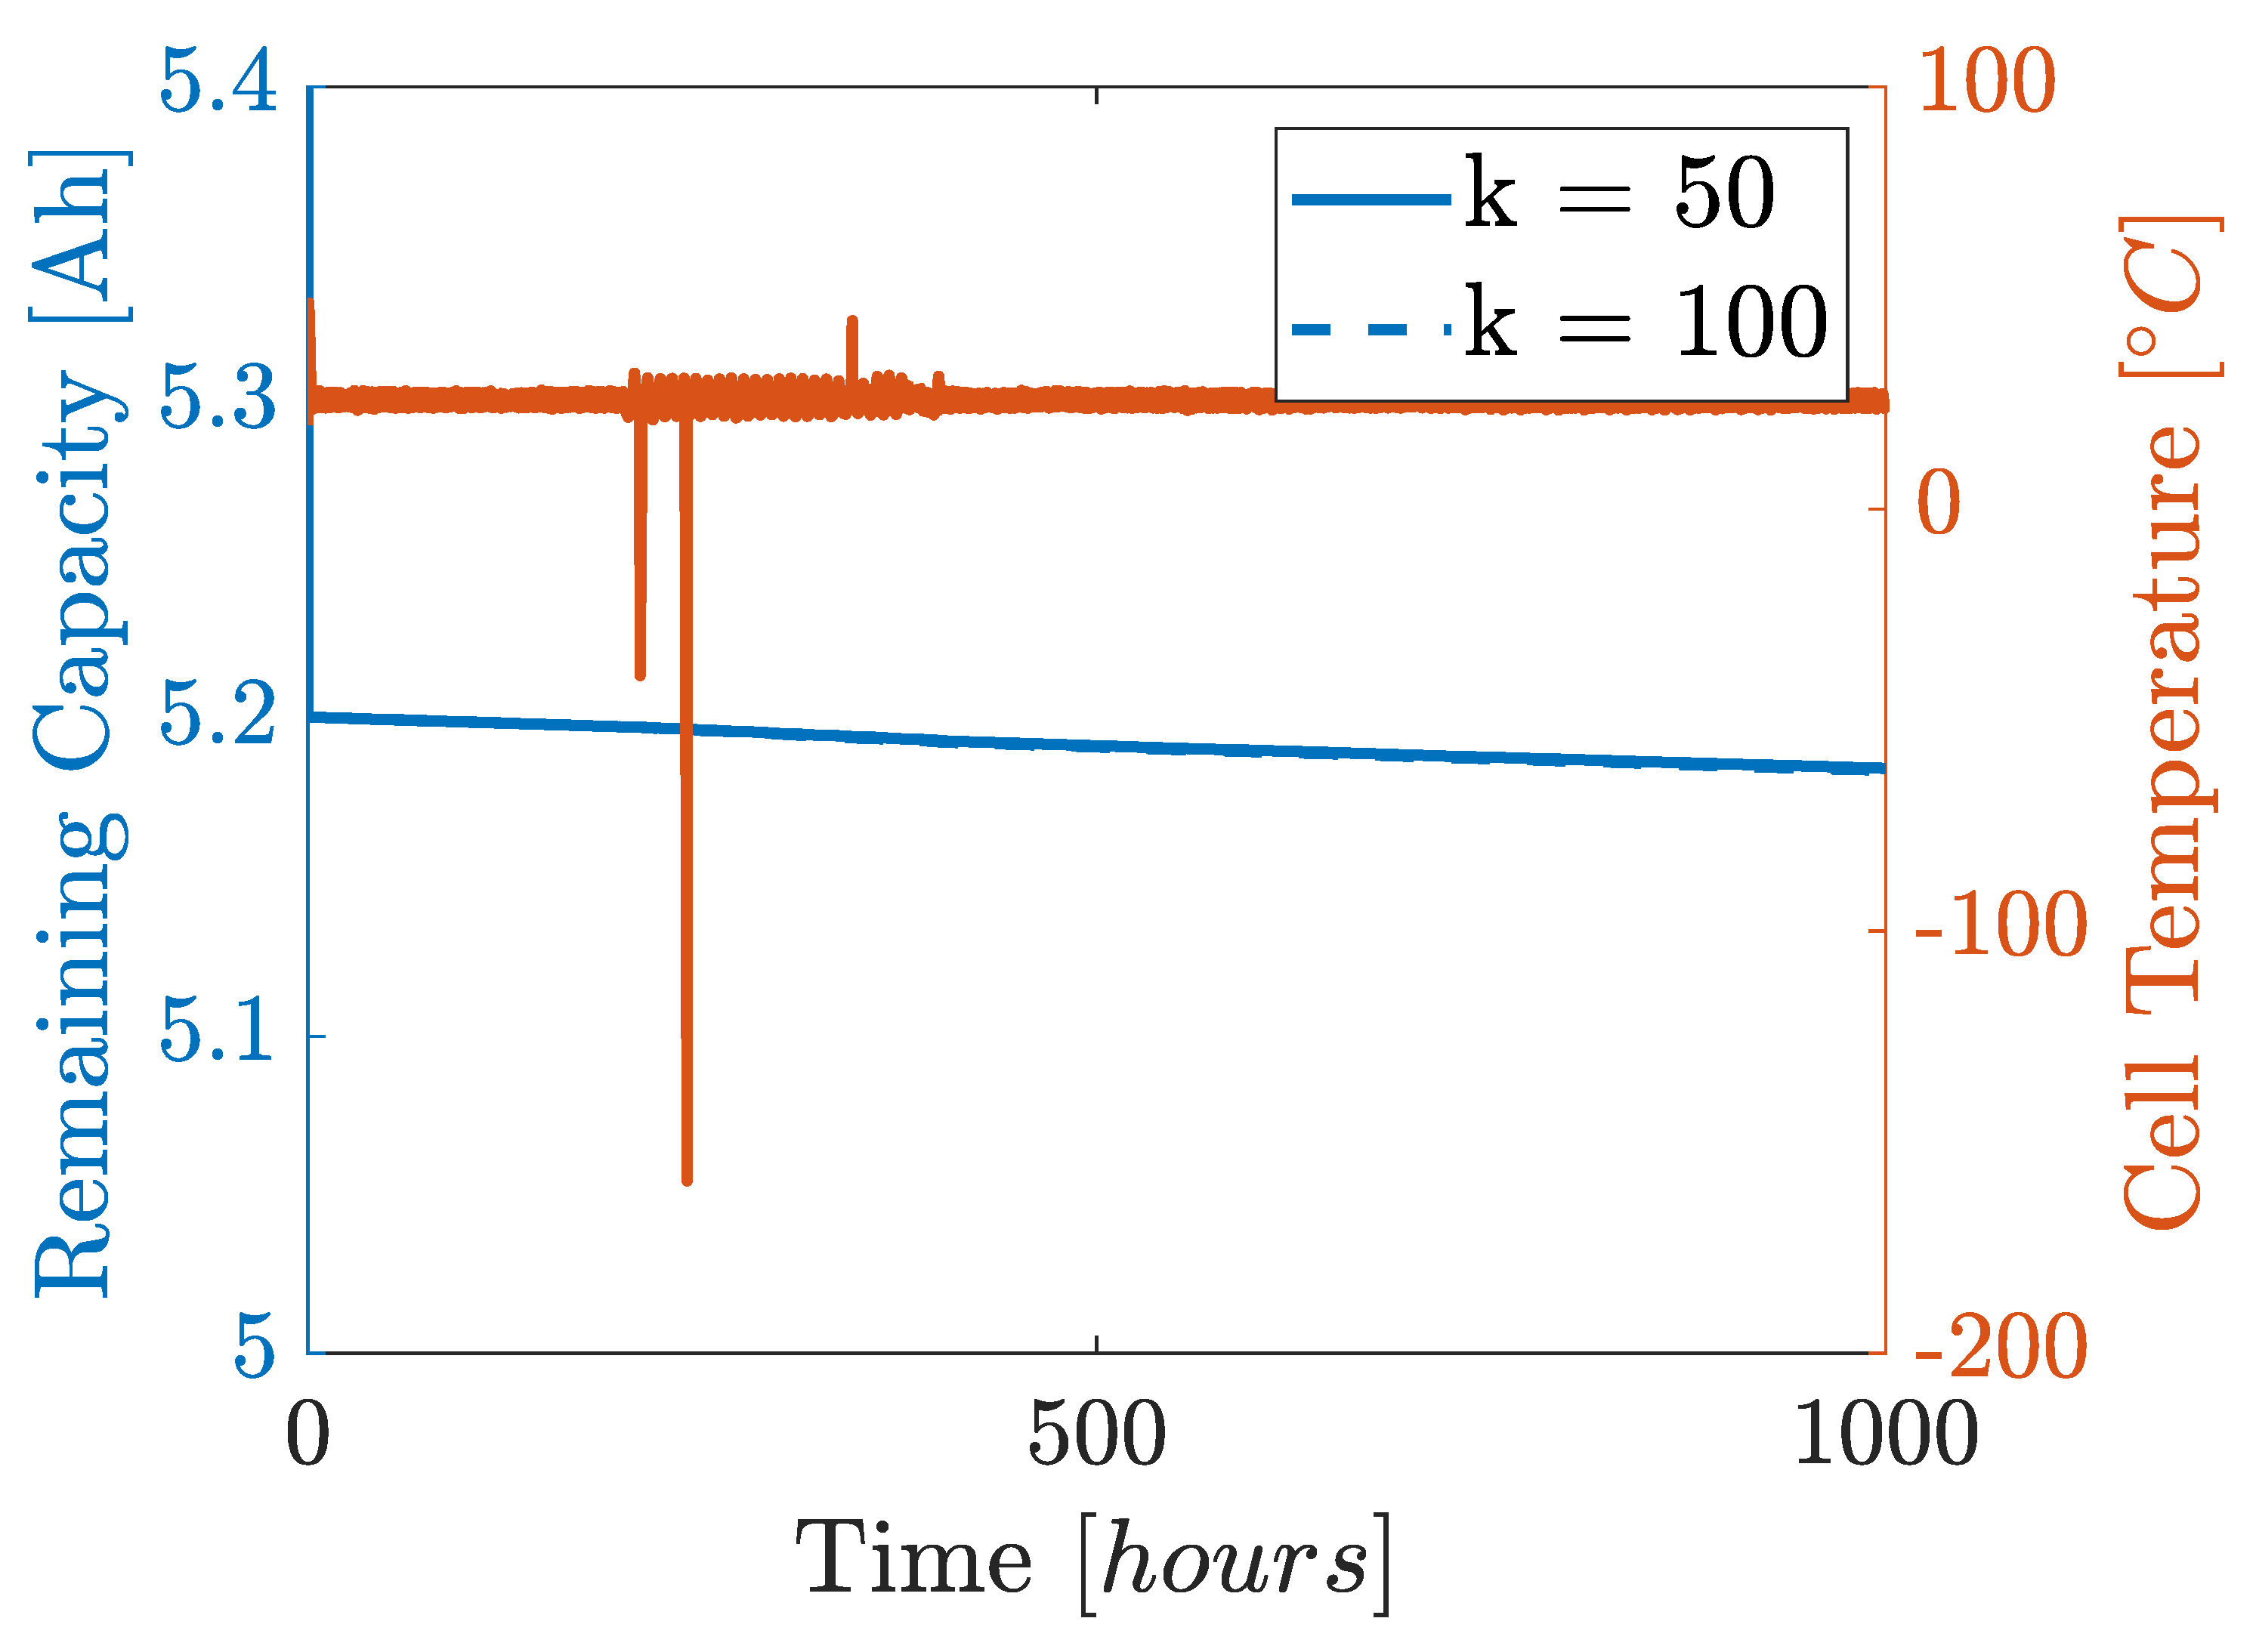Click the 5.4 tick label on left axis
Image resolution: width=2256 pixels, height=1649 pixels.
pyautogui.click(x=217, y=82)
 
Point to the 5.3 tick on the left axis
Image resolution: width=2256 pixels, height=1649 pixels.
pyautogui.click(x=217, y=400)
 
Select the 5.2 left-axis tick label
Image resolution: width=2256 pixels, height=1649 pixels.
pyautogui.click(x=217, y=715)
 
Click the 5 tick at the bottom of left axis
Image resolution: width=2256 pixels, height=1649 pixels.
pyautogui.click(x=254, y=1347)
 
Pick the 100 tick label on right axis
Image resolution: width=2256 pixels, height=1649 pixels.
pyautogui.click(x=1986, y=82)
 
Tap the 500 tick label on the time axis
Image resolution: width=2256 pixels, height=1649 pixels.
pyautogui.click(x=1096, y=1434)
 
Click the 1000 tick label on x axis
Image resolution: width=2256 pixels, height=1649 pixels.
pyautogui.click(x=1884, y=1434)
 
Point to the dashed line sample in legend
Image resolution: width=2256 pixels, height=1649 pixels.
pyautogui.click(x=1371, y=327)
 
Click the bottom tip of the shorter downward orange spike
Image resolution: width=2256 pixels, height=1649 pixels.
pyautogui.click(x=640, y=677)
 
